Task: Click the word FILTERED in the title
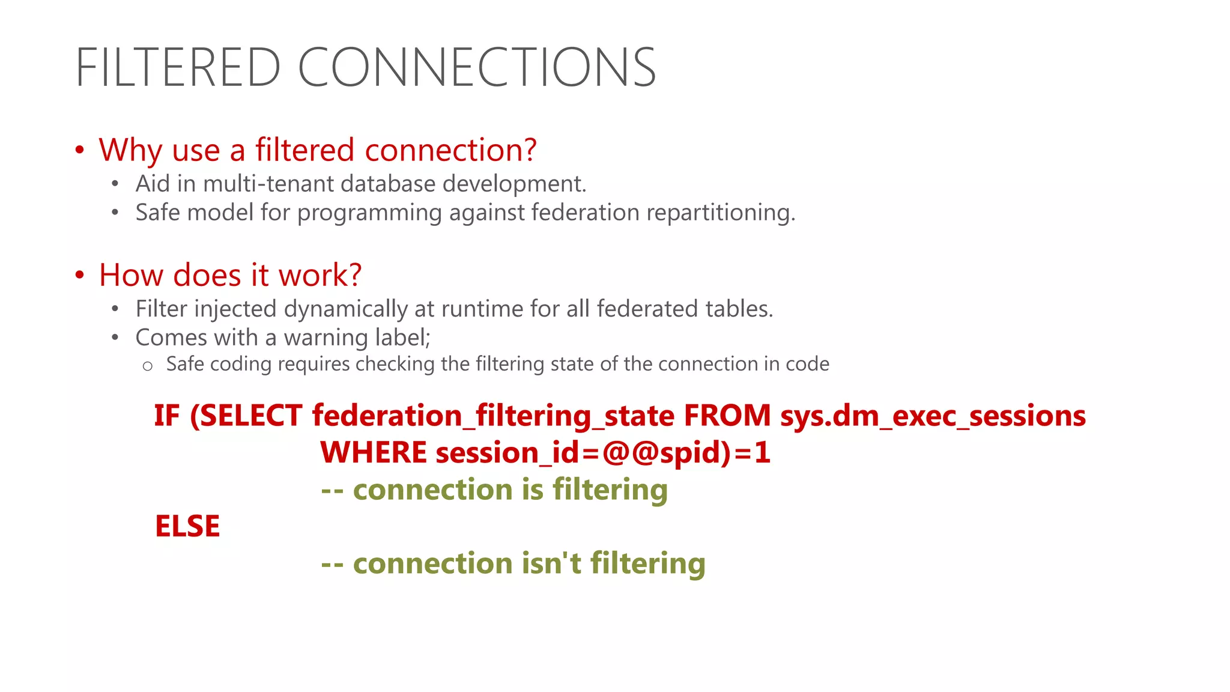click(178, 67)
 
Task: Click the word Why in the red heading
click(130, 150)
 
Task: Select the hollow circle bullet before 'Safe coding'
click(148, 366)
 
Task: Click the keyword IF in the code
click(166, 416)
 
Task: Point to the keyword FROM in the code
click(727, 416)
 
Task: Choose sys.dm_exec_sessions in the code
click(933, 416)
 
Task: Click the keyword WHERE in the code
click(373, 452)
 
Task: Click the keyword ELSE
click(187, 526)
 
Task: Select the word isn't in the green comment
click(551, 563)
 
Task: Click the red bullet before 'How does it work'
click(80, 275)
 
